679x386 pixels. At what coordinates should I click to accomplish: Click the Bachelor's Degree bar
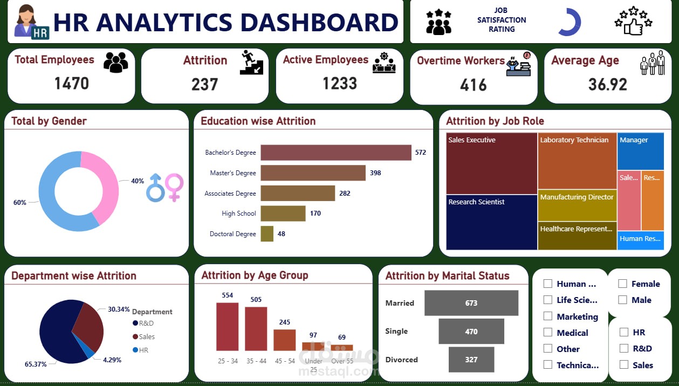coord(335,153)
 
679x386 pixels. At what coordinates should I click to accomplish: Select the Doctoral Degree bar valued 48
coord(267,234)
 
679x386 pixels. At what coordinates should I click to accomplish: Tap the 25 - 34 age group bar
coord(227,327)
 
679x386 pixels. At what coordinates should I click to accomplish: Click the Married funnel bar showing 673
coord(471,303)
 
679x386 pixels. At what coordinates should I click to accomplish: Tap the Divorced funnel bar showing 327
coord(471,360)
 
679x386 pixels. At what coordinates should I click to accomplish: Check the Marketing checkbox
coord(548,316)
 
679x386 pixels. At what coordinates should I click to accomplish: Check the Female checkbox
coord(622,284)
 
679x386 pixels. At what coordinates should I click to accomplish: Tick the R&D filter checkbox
coord(624,348)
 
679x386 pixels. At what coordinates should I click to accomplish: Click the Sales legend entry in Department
coord(146,336)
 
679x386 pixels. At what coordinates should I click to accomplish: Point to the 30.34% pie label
coord(118,309)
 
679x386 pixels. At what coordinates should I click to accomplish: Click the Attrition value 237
coord(204,85)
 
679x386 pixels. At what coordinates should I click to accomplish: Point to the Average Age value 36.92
coord(607,85)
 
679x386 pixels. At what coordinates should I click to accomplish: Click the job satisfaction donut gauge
coord(570,22)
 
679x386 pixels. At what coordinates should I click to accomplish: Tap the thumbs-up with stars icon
coord(633,21)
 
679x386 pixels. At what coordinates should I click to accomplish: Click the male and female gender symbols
coord(164,188)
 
